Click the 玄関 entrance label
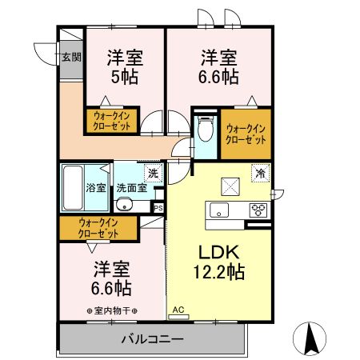tap(70, 57)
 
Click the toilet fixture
tap(204, 129)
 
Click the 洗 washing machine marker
tap(151, 172)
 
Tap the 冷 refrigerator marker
tap(260, 172)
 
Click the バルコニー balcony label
tap(152, 338)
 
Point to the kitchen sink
tap(219, 210)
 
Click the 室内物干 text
tap(112, 310)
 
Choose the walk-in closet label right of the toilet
tap(246, 133)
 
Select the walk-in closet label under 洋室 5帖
tap(110, 122)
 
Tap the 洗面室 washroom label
tap(130, 189)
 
